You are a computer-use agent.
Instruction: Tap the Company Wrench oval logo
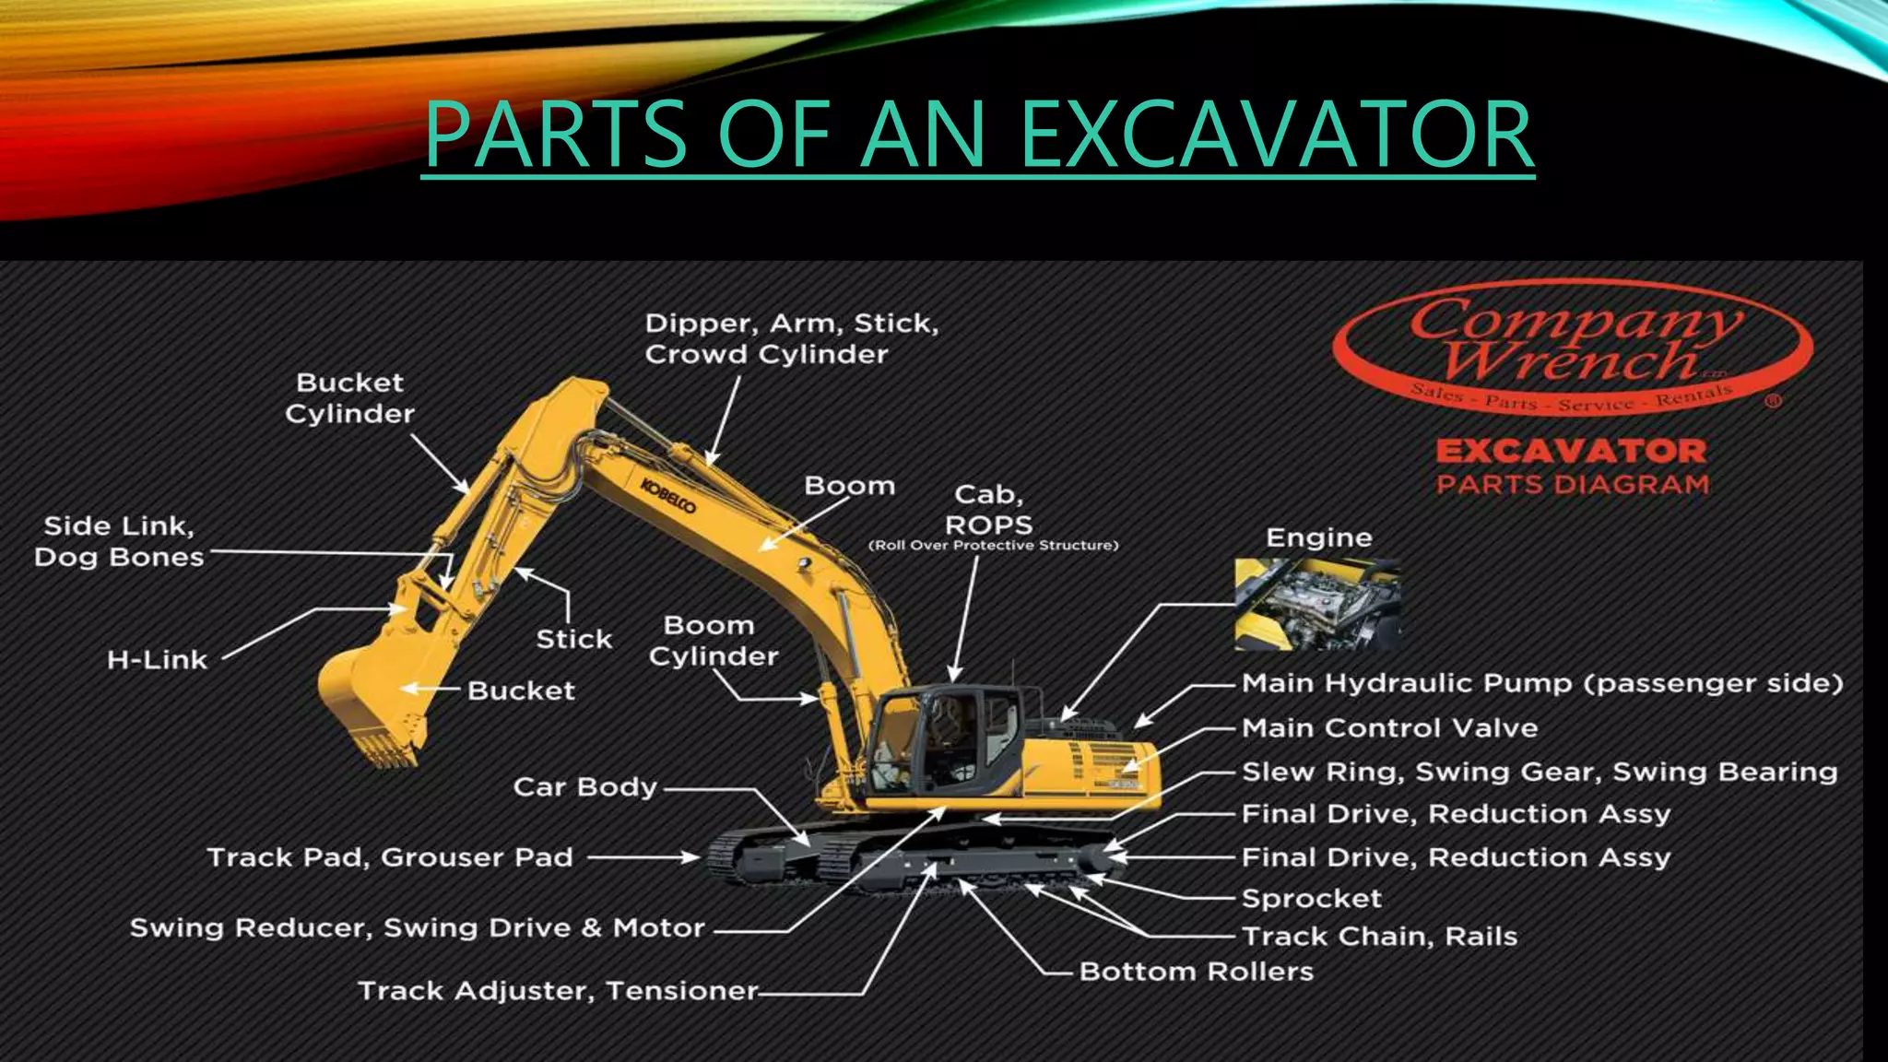click(1573, 348)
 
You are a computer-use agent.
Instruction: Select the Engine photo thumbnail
click(1317, 604)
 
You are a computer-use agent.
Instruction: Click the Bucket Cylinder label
click(349, 398)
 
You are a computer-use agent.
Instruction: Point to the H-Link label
click(157, 660)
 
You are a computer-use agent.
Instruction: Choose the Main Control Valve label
click(1389, 728)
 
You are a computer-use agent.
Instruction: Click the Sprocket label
click(1311, 899)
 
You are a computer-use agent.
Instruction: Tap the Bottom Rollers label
click(1196, 972)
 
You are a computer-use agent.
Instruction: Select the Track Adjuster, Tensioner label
click(557, 991)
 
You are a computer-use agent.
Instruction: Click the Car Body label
click(584, 787)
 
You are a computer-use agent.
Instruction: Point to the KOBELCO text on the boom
click(668, 496)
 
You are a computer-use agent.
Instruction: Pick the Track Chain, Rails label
click(1379, 937)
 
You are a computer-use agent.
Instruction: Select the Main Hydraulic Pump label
click(1541, 683)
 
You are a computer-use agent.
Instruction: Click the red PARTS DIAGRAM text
click(1573, 484)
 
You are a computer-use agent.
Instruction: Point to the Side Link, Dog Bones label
click(118, 541)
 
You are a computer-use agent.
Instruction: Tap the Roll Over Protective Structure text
click(993, 546)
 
